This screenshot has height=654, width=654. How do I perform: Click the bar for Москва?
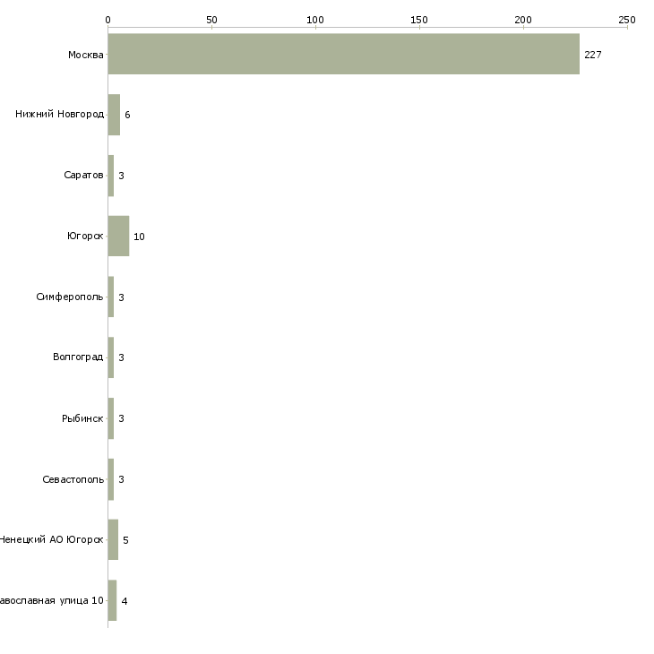tap(343, 54)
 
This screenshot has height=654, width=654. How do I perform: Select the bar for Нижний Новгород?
tap(114, 115)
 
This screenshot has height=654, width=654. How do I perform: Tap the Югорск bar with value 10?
tap(118, 236)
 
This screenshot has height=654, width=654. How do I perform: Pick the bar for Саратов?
tap(111, 176)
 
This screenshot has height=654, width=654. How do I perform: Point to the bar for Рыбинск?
tap(111, 418)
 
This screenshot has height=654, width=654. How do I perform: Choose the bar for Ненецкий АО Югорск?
tap(113, 539)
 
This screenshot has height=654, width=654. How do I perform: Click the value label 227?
tap(592, 55)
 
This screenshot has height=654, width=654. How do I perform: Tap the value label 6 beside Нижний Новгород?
tap(127, 116)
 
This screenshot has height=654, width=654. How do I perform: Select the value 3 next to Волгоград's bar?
tap(121, 357)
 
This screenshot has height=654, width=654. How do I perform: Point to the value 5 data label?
tap(125, 540)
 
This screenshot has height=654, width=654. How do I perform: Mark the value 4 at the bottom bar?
tap(125, 601)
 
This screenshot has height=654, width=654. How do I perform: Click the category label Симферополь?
tap(70, 297)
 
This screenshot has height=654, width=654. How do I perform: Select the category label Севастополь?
tap(73, 479)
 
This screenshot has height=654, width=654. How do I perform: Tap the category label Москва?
tap(85, 55)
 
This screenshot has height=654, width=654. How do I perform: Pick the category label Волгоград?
tap(78, 357)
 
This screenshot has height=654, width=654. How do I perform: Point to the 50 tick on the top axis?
tap(211, 19)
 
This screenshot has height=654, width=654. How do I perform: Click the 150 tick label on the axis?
tap(419, 19)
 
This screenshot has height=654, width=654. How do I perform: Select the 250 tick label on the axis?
tap(627, 19)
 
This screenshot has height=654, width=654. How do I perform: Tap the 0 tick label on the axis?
tap(108, 19)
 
